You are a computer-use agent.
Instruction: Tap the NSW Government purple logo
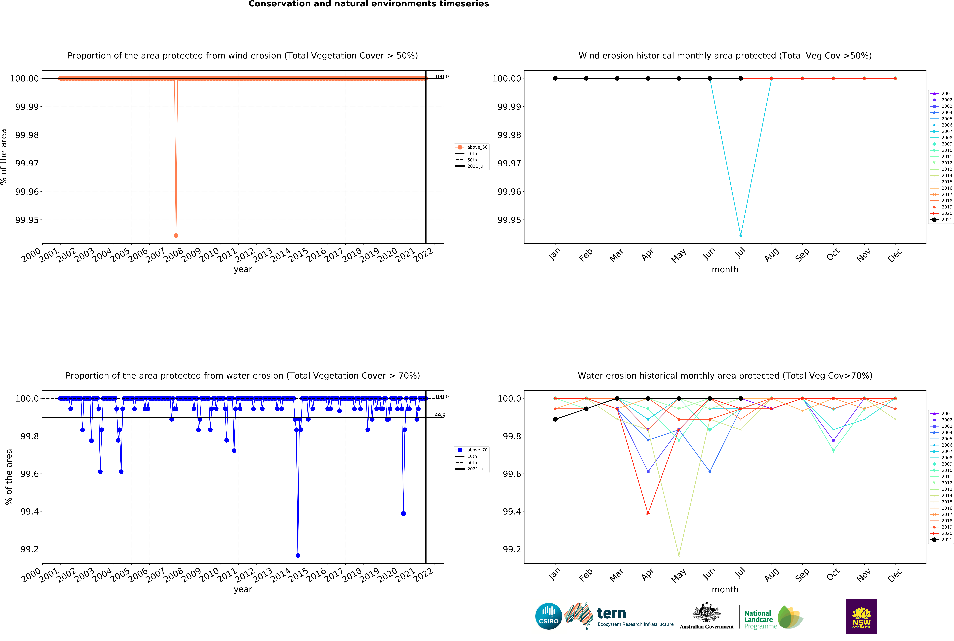click(x=861, y=616)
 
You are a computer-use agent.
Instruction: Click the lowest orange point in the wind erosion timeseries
click(x=176, y=235)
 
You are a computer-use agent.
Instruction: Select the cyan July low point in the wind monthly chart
click(x=741, y=235)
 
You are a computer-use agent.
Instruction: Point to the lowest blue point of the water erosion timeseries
click(x=298, y=556)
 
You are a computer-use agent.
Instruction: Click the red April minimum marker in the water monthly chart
click(x=648, y=513)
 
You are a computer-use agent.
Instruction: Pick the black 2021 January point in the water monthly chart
click(x=555, y=419)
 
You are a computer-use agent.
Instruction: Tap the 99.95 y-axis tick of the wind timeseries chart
click(x=27, y=220)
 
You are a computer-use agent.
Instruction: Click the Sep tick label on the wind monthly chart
click(x=802, y=255)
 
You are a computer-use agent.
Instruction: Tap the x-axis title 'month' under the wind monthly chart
click(x=725, y=269)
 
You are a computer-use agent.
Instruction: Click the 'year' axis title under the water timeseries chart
click(x=243, y=589)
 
